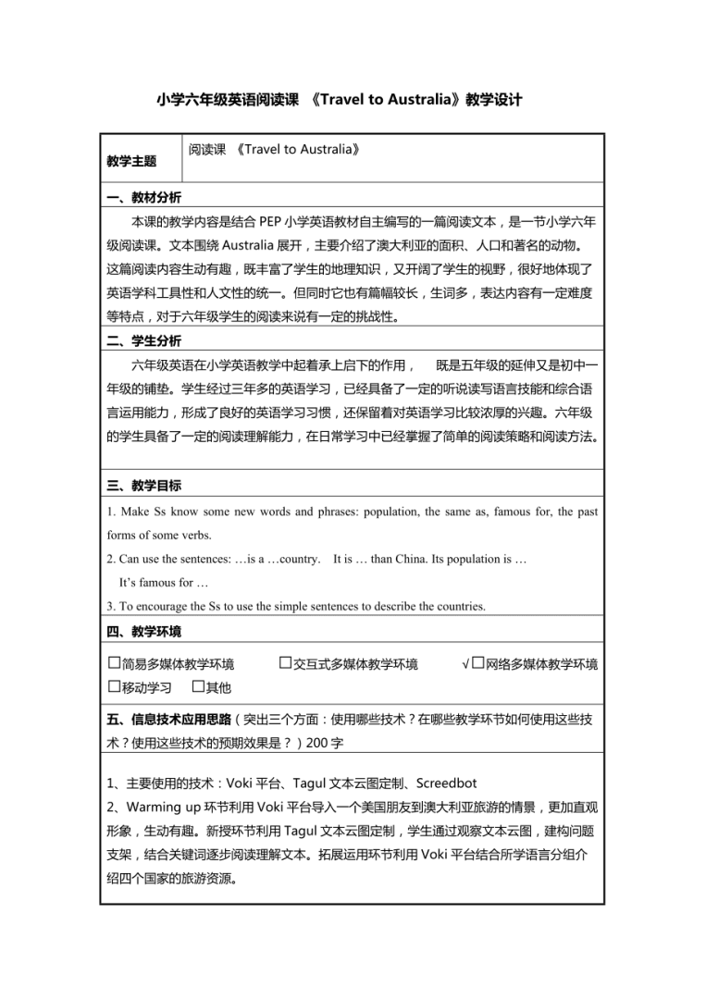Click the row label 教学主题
point(131,161)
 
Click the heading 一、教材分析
point(143,198)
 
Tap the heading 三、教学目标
point(143,486)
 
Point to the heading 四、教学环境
point(143,632)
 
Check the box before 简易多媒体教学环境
point(115,663)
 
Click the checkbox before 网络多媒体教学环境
point(477,663)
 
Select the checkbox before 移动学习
point(115,686)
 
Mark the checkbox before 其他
point(198,686)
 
